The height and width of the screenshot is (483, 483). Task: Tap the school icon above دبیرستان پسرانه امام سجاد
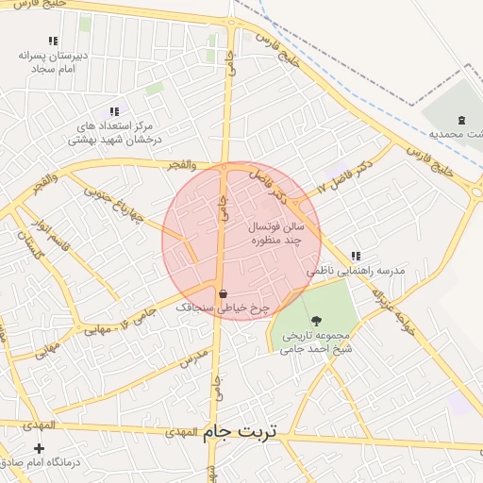(53, 42)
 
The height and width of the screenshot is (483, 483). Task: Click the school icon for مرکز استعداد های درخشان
(115, 111)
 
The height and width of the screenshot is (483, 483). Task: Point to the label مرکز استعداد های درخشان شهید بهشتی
(115, 132)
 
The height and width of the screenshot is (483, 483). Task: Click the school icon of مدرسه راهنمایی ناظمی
(356, 256)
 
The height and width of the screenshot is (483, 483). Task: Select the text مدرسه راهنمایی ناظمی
(356, 271)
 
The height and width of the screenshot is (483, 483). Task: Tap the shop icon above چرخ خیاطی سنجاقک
(222, 293)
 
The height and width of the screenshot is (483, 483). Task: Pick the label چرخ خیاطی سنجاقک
(223, 308)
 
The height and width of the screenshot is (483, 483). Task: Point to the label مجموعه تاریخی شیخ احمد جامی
(315, 341)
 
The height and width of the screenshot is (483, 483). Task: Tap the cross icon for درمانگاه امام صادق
(39, 448)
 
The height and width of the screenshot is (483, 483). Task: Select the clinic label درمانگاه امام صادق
(39, 463)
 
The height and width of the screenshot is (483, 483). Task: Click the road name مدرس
(193, 358)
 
